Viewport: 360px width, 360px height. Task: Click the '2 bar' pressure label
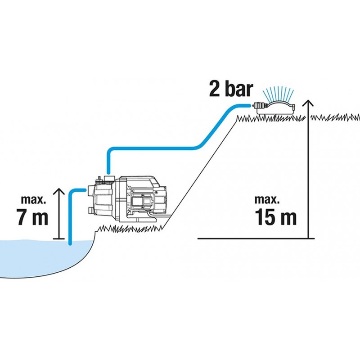click(x=231, y=89)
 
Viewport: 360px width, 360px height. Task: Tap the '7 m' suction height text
click(x=32, y=217)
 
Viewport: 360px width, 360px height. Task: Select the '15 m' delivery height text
click(x=275, y=217)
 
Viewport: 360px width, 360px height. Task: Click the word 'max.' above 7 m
click(x=33, y=199)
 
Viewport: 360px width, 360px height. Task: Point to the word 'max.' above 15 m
click(x=267, y=199)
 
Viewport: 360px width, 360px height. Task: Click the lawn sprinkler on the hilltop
click(x=275, y=108)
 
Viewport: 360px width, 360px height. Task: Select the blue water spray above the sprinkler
click(x=278, y=94)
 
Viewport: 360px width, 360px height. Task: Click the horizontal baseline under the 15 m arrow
click(x=256, y=238)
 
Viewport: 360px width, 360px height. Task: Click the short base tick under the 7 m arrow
click(x=59, y=238)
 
